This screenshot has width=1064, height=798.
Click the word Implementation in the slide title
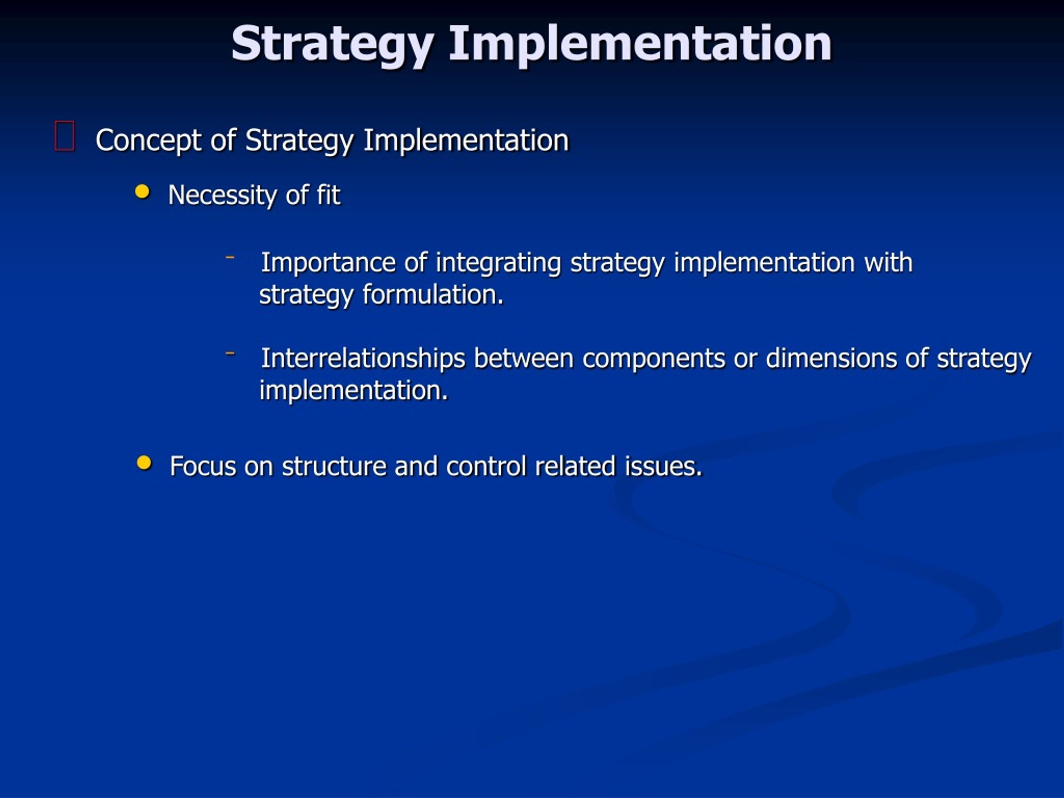pos(640,44)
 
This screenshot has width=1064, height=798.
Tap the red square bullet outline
pos(64,136)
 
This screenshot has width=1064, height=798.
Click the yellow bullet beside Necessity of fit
pos(143,192)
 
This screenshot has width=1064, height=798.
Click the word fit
pos(328,195)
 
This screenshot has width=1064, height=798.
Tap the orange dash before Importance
pos(230,257)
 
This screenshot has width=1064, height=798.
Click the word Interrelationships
pos(363,358)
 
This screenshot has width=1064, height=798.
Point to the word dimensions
pos(831,358)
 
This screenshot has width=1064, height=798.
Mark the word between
pos(524,358)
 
